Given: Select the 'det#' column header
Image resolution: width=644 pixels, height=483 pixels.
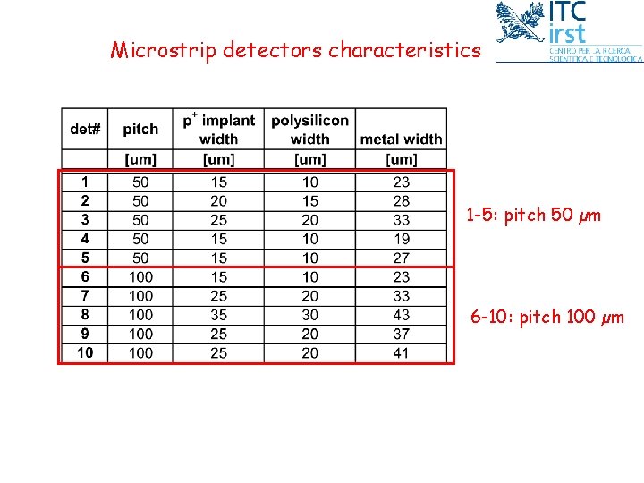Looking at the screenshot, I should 85,130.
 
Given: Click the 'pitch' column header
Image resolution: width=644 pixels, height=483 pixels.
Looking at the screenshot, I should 140,130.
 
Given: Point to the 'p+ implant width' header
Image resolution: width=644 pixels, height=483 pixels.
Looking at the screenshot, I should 219,129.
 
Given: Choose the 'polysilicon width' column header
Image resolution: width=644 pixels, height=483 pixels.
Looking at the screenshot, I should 309,129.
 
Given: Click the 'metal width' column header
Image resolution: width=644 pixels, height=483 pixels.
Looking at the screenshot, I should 401,139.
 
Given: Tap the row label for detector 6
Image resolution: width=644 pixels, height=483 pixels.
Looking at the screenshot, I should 85,277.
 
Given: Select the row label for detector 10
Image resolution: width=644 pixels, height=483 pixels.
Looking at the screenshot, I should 85,353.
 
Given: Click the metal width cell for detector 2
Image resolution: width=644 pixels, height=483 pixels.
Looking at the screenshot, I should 402,201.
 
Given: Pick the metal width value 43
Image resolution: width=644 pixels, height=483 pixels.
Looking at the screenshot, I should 402,315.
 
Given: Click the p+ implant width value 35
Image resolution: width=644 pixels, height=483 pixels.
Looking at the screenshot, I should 219,315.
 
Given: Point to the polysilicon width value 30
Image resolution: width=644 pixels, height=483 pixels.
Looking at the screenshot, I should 309,315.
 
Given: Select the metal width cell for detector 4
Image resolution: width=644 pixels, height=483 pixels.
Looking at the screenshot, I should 402,239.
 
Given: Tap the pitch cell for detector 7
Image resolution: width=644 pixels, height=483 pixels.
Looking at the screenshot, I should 140,296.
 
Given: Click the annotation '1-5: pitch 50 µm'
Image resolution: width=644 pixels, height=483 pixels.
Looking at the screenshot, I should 533,216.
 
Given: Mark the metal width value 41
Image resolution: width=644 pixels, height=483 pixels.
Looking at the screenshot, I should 402,353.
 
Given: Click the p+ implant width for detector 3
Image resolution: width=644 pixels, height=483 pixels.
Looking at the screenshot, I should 219,220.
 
